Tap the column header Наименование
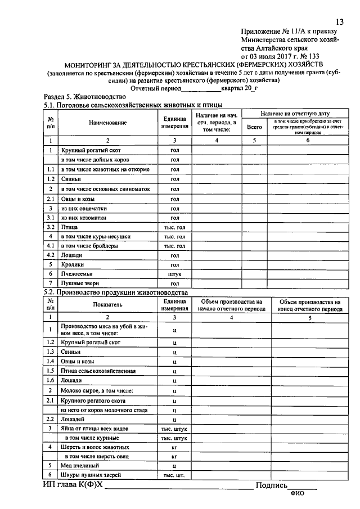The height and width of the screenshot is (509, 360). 107,123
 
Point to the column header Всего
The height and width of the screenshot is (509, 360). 254,127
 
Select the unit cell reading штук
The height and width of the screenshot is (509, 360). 174,274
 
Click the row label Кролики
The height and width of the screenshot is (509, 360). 73,264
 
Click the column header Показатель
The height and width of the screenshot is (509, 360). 107,305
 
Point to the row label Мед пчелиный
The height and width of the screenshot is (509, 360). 80,466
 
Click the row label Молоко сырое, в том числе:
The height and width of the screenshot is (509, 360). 97,390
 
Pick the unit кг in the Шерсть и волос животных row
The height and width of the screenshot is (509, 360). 174,447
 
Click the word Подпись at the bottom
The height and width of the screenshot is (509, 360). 272,485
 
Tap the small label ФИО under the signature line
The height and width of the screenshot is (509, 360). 296,494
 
